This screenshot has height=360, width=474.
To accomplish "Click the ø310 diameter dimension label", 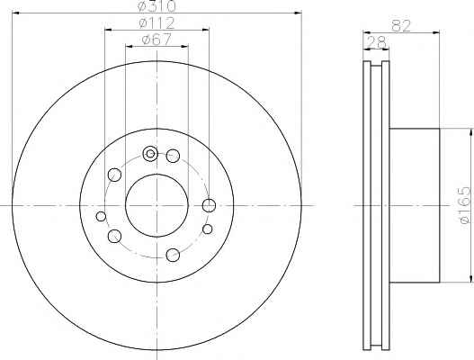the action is pos(157,6).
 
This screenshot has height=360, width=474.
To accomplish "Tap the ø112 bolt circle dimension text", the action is pos(157,23).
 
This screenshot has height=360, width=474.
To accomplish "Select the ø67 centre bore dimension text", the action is pos(157,40).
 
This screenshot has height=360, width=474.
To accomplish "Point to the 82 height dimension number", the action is pos(401,26).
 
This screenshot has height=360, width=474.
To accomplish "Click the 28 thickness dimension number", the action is pos(376,42).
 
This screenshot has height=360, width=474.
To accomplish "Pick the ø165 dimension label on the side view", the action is pos(465,205).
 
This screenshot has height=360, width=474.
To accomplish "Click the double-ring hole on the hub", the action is pos(150,154).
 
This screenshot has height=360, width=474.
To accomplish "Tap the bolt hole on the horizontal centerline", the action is pos(209,206).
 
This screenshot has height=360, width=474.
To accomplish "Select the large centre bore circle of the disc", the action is pos(157,175).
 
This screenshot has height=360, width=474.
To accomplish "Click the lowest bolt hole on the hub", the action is pos(173,255).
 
